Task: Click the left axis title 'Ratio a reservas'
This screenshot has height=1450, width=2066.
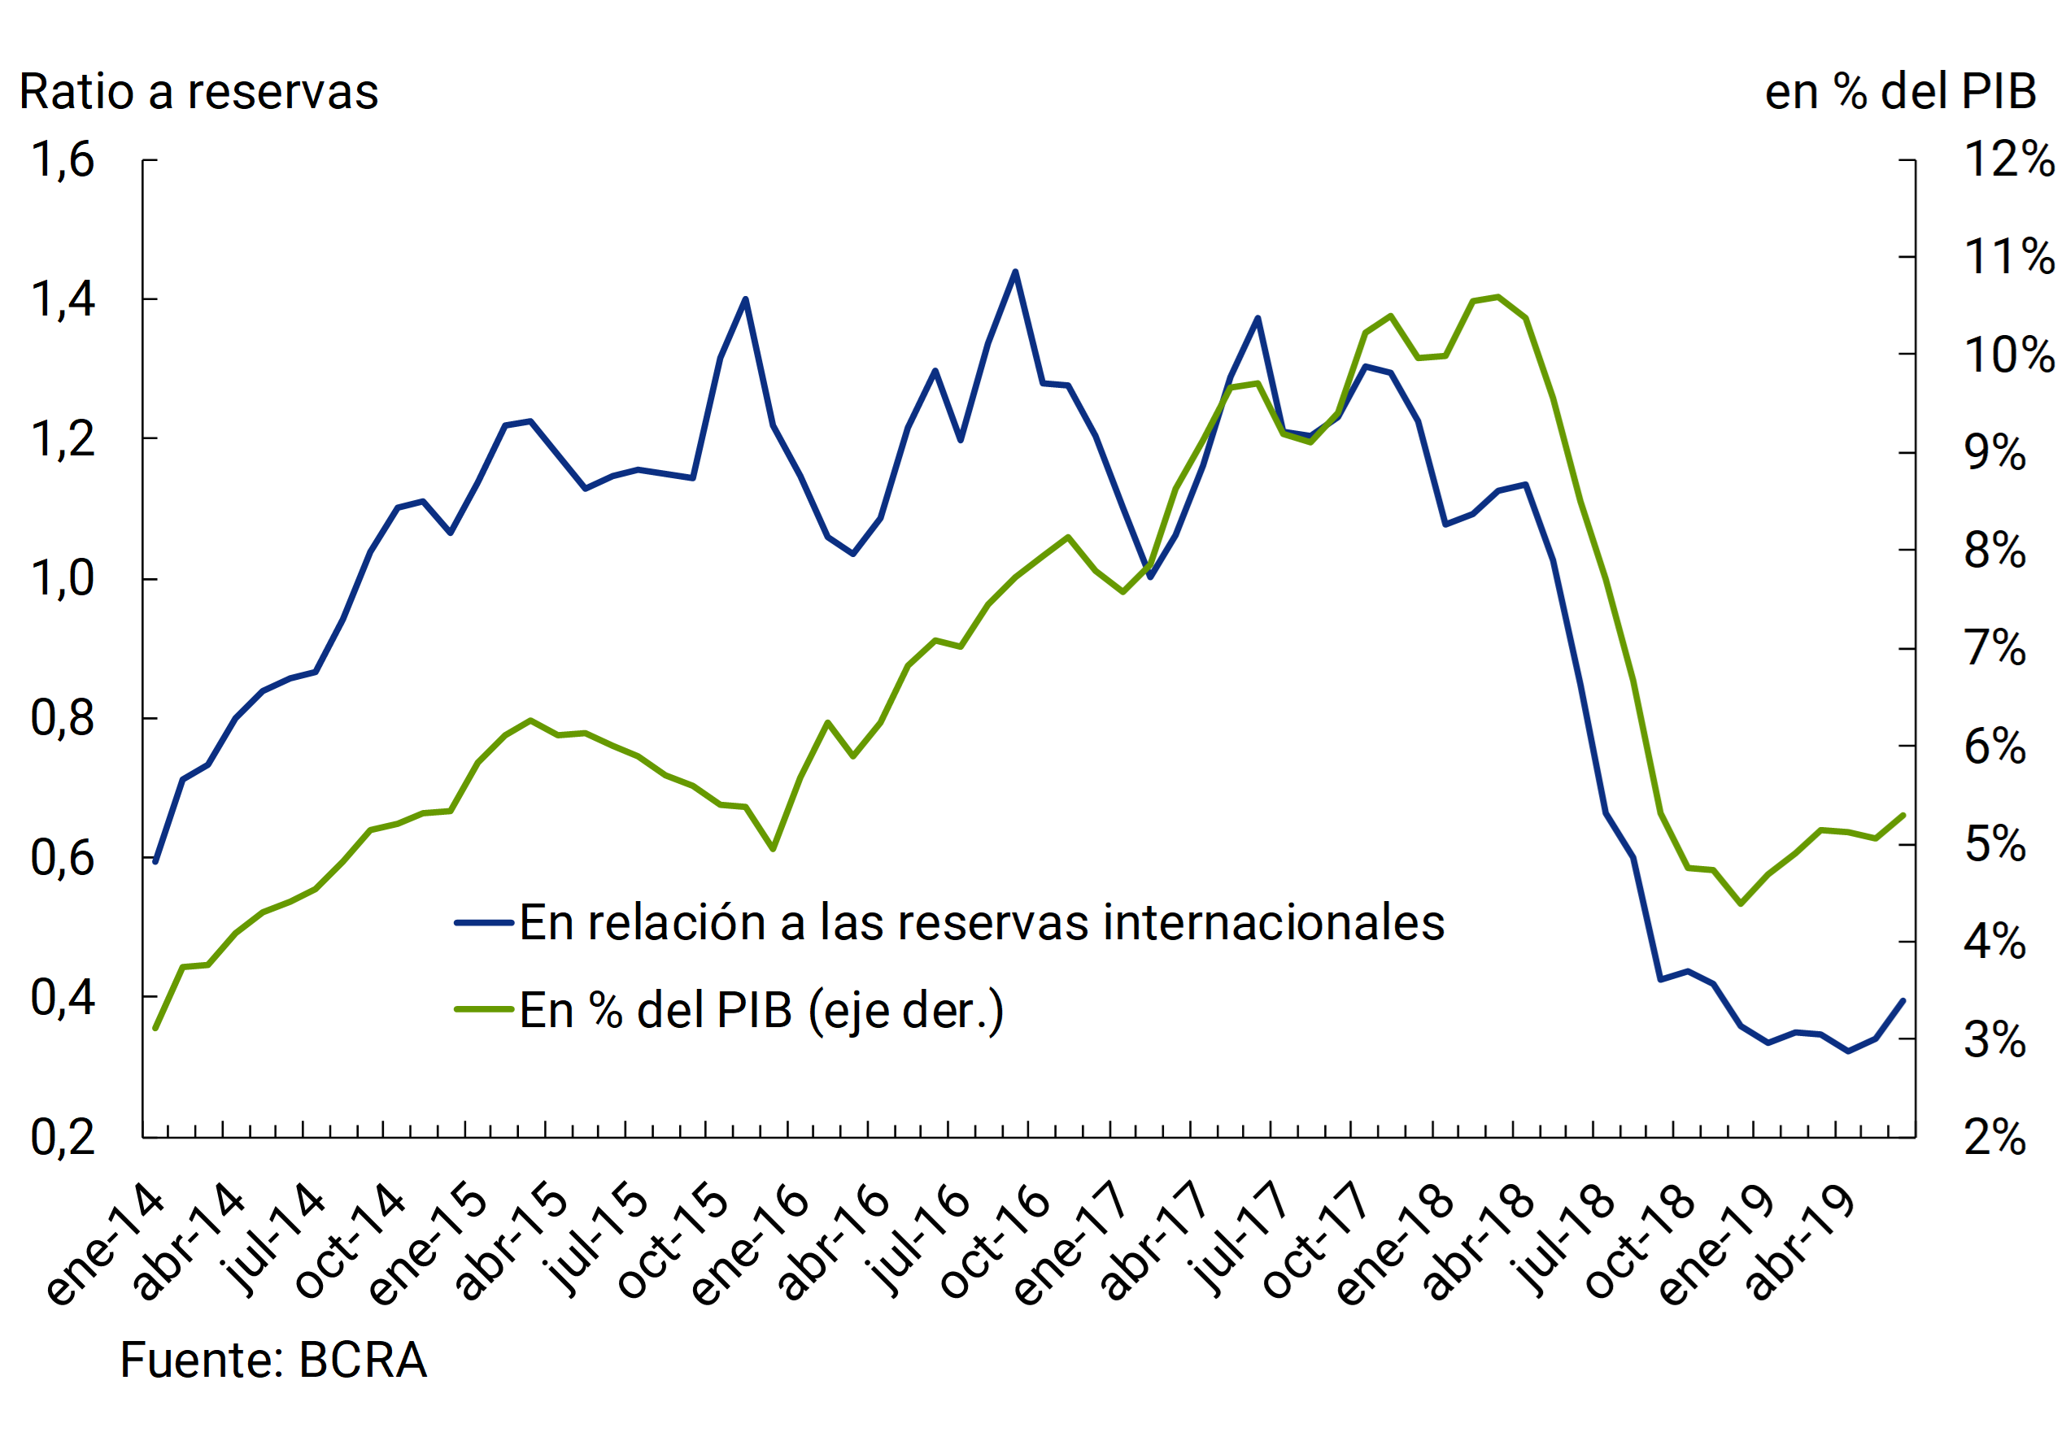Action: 198,92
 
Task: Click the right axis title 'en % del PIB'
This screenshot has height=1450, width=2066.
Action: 1899,92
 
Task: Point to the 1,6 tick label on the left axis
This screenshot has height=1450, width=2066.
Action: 62,160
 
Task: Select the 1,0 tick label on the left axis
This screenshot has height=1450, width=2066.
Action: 62,578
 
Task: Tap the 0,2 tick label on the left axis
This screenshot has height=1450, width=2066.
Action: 62,1138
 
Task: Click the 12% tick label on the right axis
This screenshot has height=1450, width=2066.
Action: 2008,160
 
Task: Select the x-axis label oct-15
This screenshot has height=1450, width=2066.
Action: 673,1241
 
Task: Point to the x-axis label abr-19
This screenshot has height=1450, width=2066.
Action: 1800,1242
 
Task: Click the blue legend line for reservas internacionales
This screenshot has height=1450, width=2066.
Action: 484,923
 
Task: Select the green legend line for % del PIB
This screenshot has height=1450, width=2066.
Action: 484,1009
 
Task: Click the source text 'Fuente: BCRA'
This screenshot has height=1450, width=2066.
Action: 272,1359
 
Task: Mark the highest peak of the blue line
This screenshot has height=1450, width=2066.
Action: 1015,272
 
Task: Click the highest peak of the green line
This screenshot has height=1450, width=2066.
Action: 1497,297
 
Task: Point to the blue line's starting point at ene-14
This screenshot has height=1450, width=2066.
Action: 155,861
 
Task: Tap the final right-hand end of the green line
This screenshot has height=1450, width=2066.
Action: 1903,815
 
